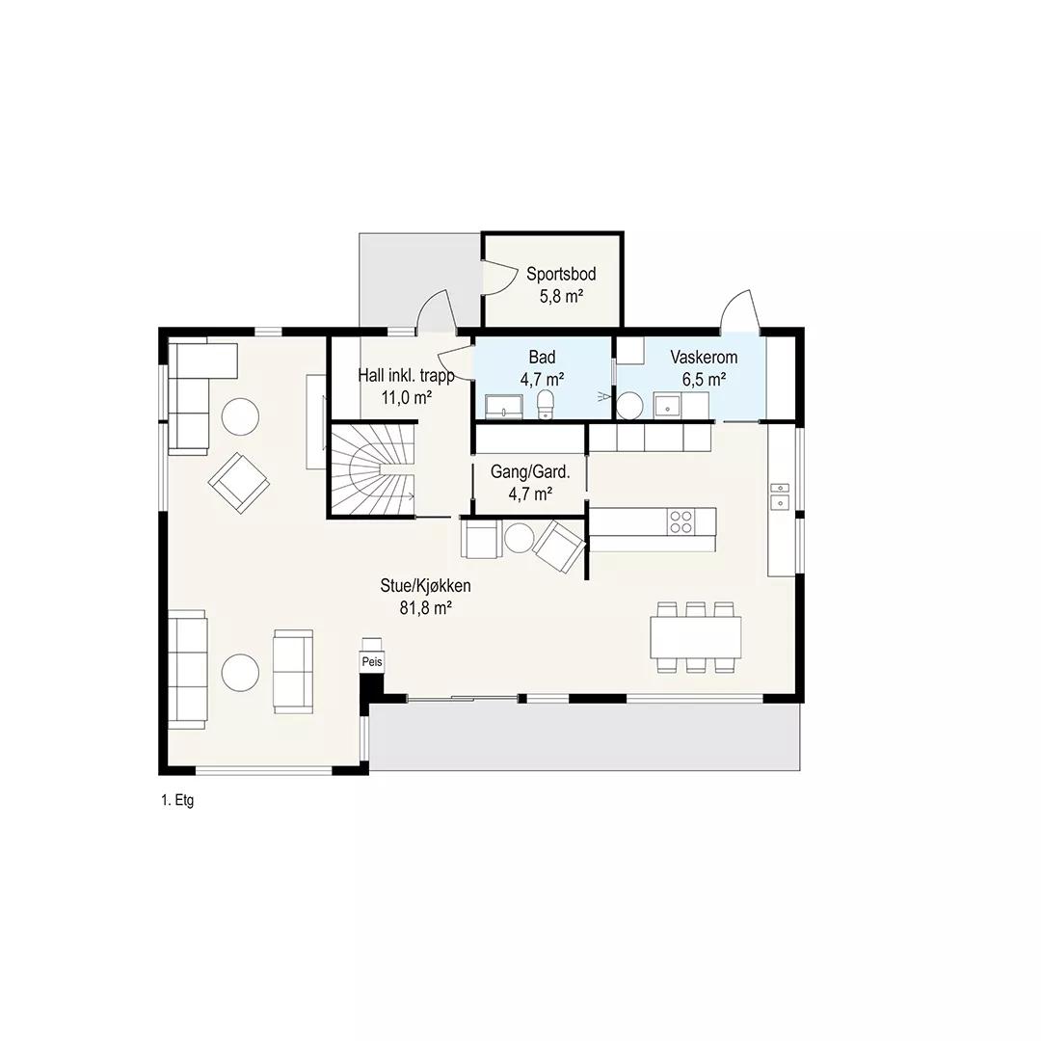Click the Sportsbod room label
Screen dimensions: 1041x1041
pyautogui.click(x=561, y=274)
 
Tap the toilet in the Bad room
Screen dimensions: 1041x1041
pyautogui.click(x=545, y=404)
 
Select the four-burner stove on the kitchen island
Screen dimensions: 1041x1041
pyautogui.click(x=681, y=521)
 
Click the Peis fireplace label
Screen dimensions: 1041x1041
pyautogui.click(x=372, y=662)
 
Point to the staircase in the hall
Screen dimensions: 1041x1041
pyautogui.click(x=372, y=470)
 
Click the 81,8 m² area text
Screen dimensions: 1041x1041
pyautogui.click(x=426, y=607)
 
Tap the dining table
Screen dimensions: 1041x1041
pyautogui.click(x=696, y=637)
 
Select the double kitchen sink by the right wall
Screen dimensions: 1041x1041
pyautogui.click(x=780, y=496)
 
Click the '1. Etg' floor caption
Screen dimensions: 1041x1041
pyautogui.click(x=177, y=800)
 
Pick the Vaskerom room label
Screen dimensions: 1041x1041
pyautogui.click(x=704, y=358)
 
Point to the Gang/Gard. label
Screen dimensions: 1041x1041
pyautogui.click(x=530, y=472)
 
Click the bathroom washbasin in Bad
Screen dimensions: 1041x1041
pyautogui.click(x=504, y=406)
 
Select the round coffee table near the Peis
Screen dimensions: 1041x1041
pyautogui.click(x=240, y=673)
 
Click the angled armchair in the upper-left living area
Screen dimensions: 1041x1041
pyautogui.click(x=239, y=483)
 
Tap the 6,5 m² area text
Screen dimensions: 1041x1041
pyautogui.click(x=704, y=380)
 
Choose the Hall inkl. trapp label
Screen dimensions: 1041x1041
pyautogui.click(x=407, y=376)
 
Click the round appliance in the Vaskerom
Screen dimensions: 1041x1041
pyautogui.click(x=629, y=406)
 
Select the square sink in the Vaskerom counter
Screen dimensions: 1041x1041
pyautogui.click(x=667, y=404)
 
